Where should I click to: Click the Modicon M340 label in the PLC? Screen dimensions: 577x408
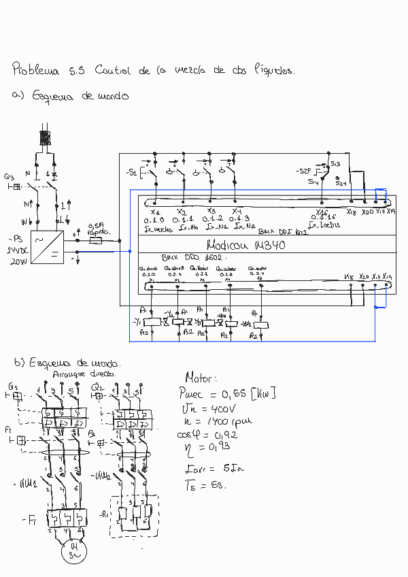coord(245,246)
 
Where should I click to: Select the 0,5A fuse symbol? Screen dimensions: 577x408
coord(97,241)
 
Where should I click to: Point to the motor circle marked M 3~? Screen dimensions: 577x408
coord(72,550)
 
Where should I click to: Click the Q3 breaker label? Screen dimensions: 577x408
coord(9,176)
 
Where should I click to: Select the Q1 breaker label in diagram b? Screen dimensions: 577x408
coord(14,386)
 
